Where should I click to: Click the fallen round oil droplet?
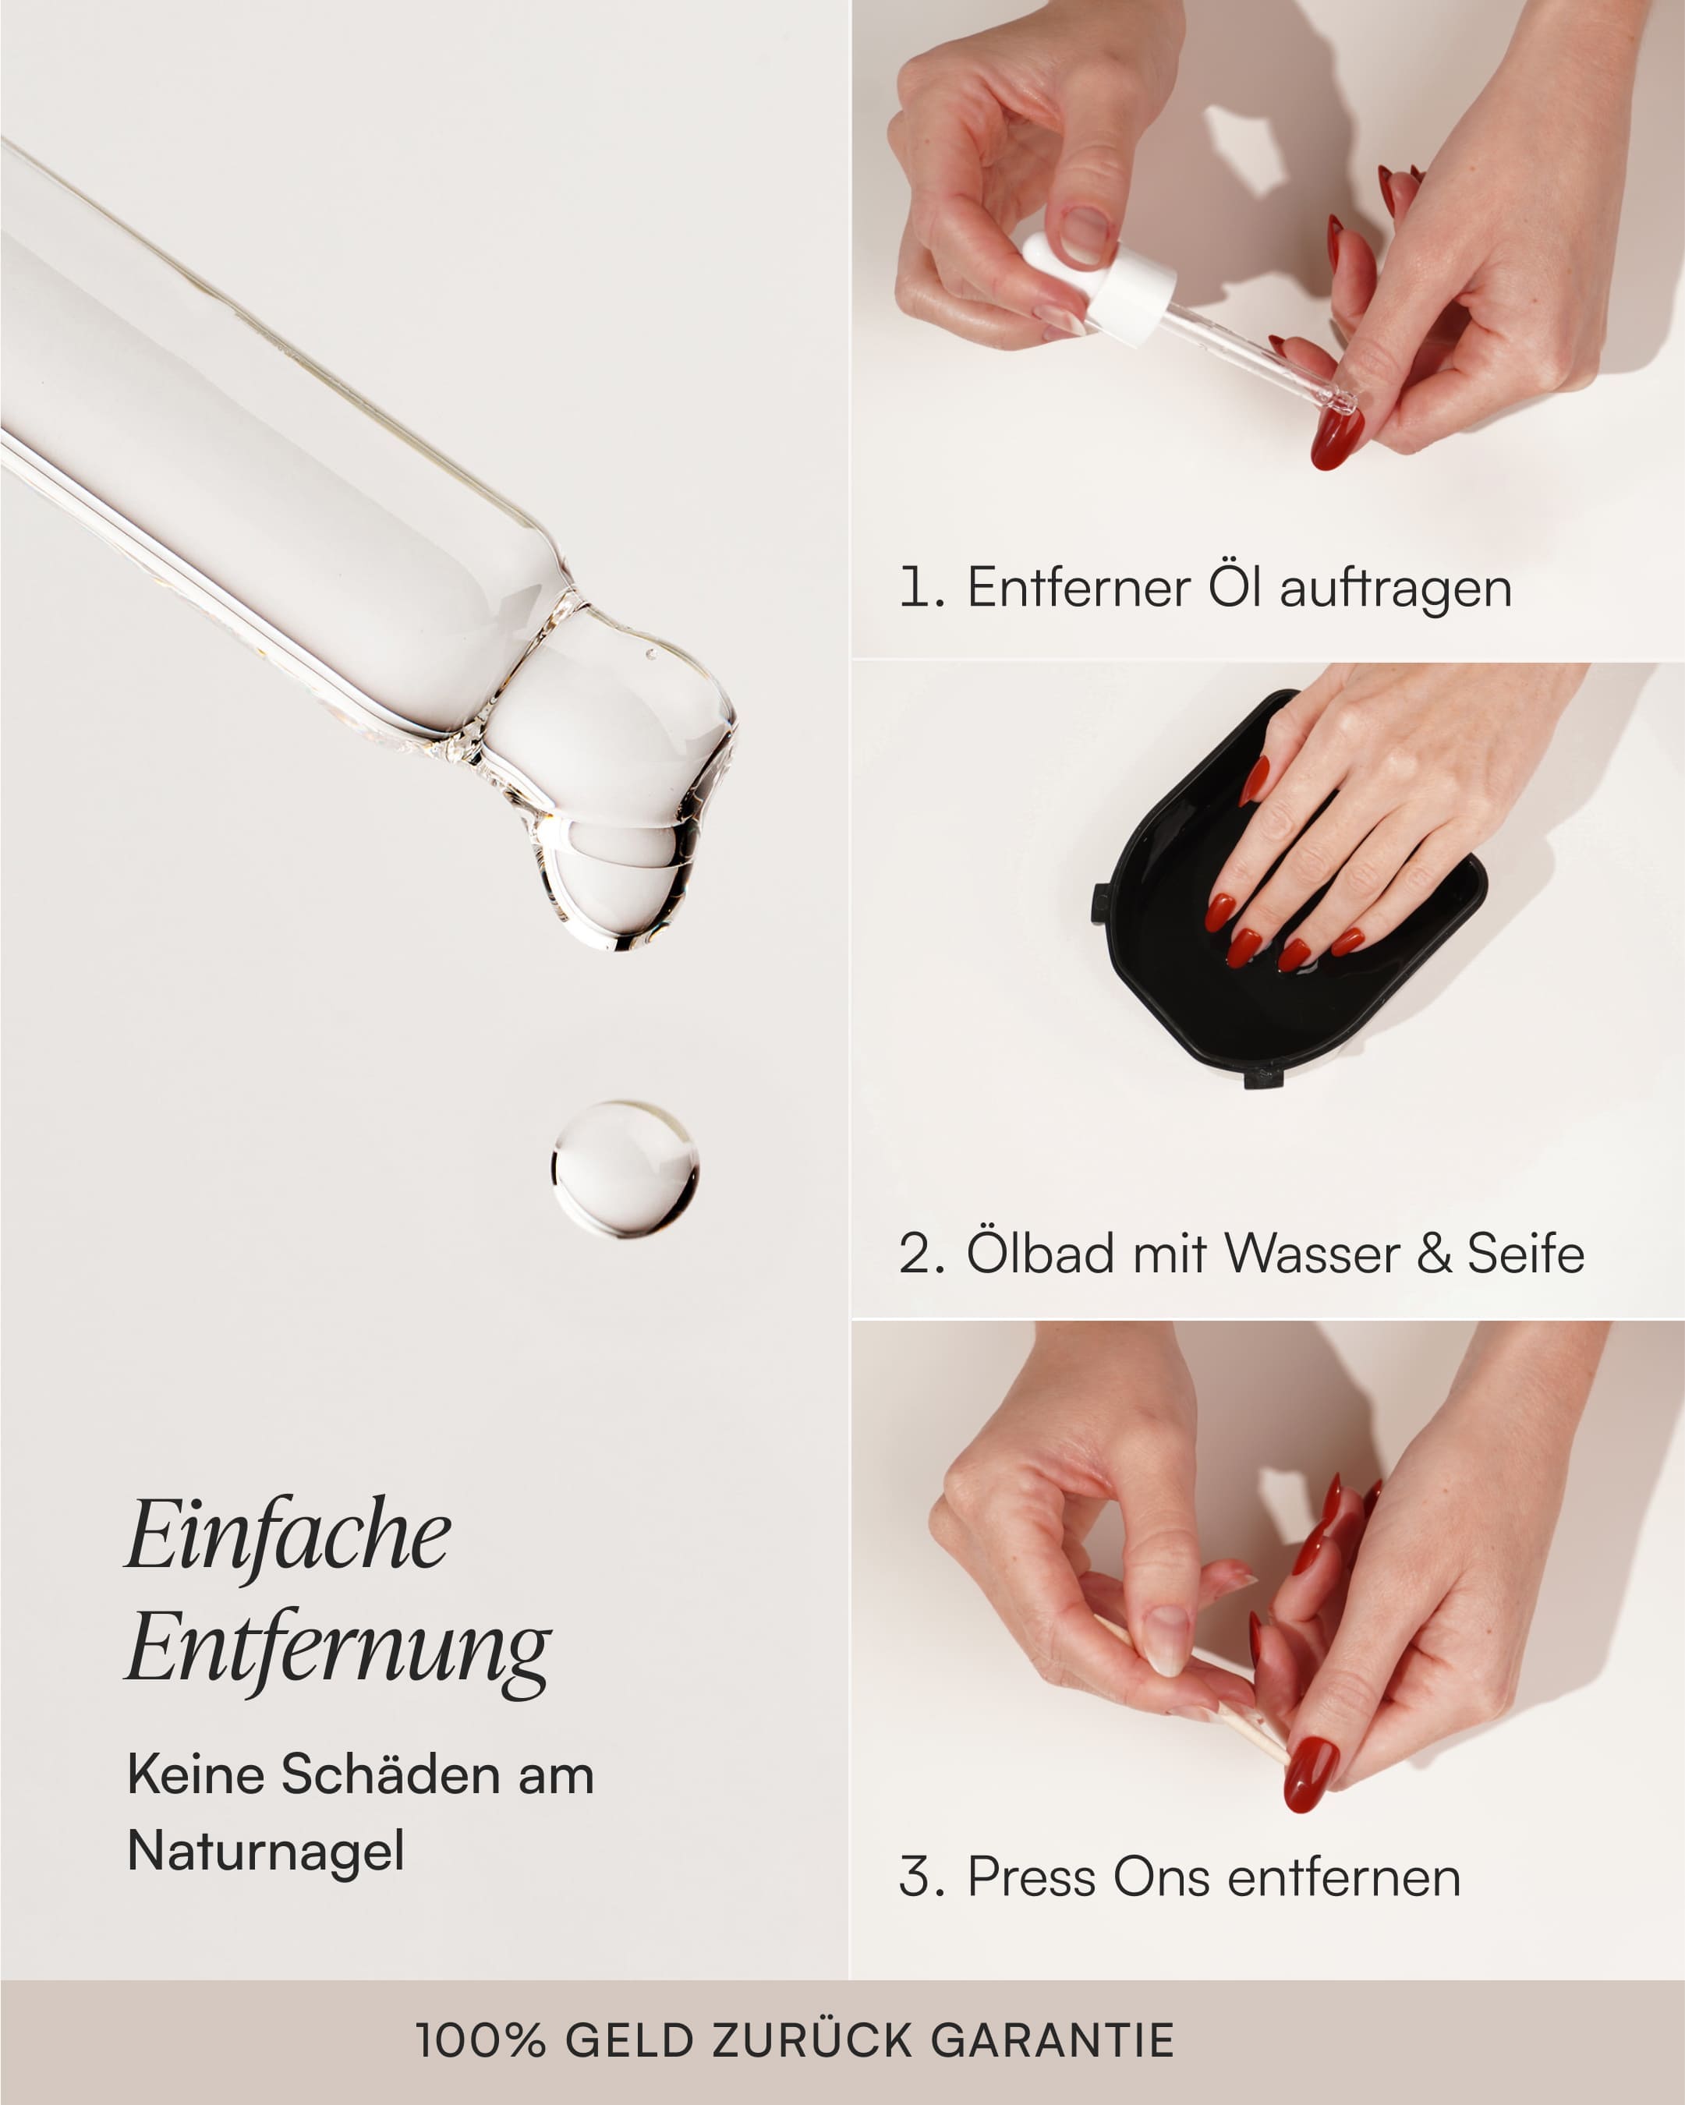(625, 1169)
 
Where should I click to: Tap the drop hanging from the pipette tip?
(615, 883)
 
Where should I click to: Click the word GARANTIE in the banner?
(1053, 2040)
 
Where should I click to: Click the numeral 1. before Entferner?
(921, 588)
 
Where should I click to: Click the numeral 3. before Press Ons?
(921, 1877)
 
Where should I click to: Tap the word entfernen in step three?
(1343, 1877)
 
